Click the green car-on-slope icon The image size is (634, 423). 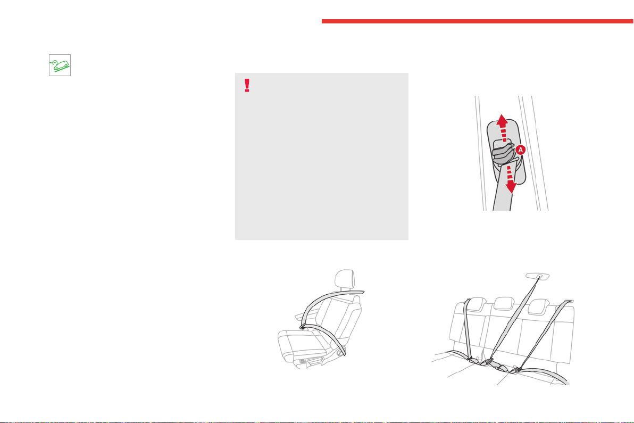pyautogui.click(x=60, y=65)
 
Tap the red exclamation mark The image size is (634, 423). pyautogui.click(x=247, y=85)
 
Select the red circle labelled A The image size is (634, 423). pyautogui.click(x=520, y=150)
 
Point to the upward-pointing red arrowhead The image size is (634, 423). pyautogui.click(x=502, y=120)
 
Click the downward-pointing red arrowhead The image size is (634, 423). pyautogui.click(x=512, y=187)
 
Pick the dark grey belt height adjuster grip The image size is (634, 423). pyautogui.click(x=503, y=154)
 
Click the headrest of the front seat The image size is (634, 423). pyautogui.click(x=345, y=279)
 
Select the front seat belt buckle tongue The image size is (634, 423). pyautogui.click(x=303, y=327)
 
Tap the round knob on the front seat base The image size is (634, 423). pyautogui.click(x=338, y=353)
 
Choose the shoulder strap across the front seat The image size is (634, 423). pyautogui.click(x=328, y=301)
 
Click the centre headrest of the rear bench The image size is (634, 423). pyautogui.click(x=504, y=303)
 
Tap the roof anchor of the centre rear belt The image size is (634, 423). pyautogui.click(x=538, y=276)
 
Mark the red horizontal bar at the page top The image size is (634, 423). pyautogui.click(x=478, y=21)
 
